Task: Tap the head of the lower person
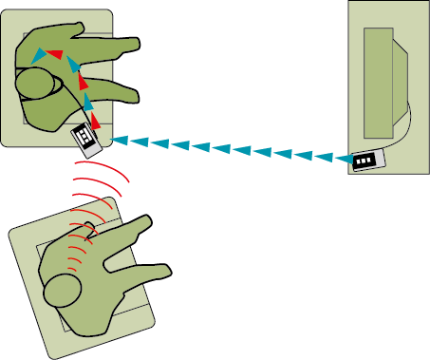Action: [x=65, y=289]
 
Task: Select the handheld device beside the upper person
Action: [x=86, y=137]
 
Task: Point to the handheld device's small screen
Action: [x=84, y=137]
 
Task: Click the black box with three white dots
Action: [x=365, y=162]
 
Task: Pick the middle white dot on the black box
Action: [x=365, y=162]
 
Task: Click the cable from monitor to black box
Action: [x=406, y=128]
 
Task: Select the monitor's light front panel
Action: [x=379, y=82]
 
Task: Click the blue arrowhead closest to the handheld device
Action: [x=119, y=141]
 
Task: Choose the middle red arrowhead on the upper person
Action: [x=82, y=82]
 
